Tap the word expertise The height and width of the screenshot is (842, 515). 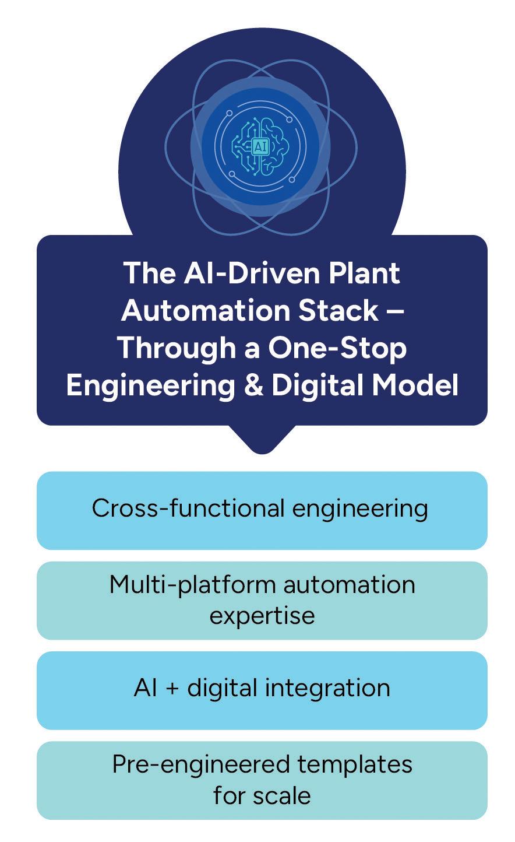[262, 615]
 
